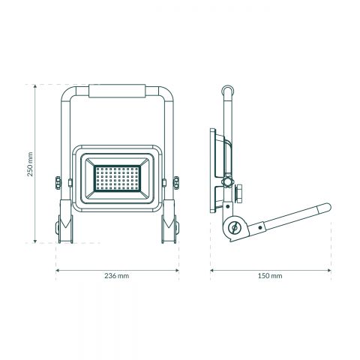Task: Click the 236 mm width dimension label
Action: (118, 276)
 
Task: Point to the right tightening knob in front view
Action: (177, 183)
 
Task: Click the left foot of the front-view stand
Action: (64, 230)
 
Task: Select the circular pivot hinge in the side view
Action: (234, 226)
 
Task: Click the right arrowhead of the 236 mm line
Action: (178, 268)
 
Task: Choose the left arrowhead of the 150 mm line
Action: (211, 268)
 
